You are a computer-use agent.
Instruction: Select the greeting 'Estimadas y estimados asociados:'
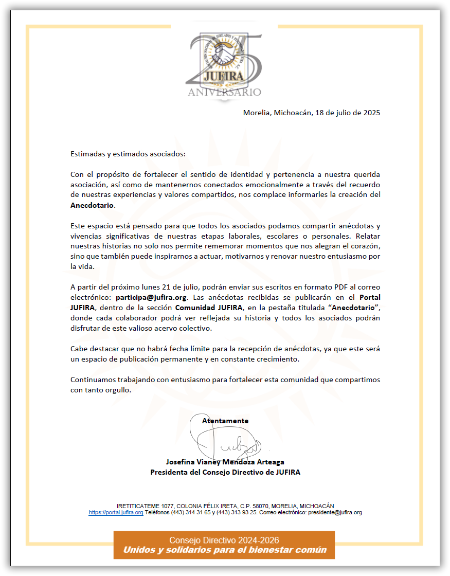tap(128, 154)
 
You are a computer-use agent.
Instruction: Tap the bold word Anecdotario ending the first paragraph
tap(93, 205)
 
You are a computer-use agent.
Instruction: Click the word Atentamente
tap(225, 421)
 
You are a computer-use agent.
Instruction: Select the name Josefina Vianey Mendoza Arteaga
tap(225, 462)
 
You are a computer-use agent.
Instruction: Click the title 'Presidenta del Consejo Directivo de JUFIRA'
tap(225, 472)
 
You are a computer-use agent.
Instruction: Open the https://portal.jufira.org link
tap(116, 513)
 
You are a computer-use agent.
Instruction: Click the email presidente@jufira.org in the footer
tap(335, 513)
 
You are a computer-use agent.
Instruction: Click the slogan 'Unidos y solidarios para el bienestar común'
tap(224, 550)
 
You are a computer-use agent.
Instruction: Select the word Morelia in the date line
tap(257, 113)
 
